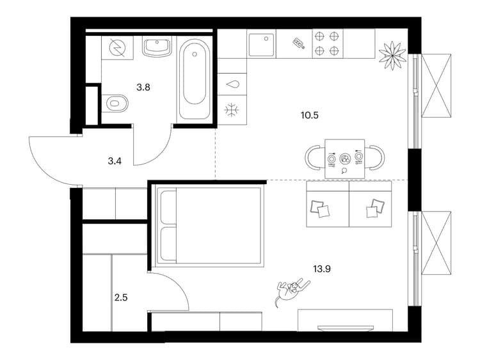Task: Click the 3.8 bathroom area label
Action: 143,88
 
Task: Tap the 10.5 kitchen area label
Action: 310,116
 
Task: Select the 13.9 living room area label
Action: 322,269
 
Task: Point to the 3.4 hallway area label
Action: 115,161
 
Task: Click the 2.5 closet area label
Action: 121,297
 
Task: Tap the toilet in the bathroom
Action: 115,103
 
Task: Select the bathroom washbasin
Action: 157,48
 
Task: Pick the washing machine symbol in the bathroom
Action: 118,48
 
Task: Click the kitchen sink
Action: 262,45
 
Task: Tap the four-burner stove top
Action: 327,43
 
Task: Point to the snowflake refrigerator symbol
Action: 232,110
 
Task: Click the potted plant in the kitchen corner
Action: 391,55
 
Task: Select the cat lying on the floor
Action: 292,290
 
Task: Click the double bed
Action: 210,226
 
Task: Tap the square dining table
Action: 345,159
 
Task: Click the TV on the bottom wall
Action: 346,328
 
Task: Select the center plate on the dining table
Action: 345,159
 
